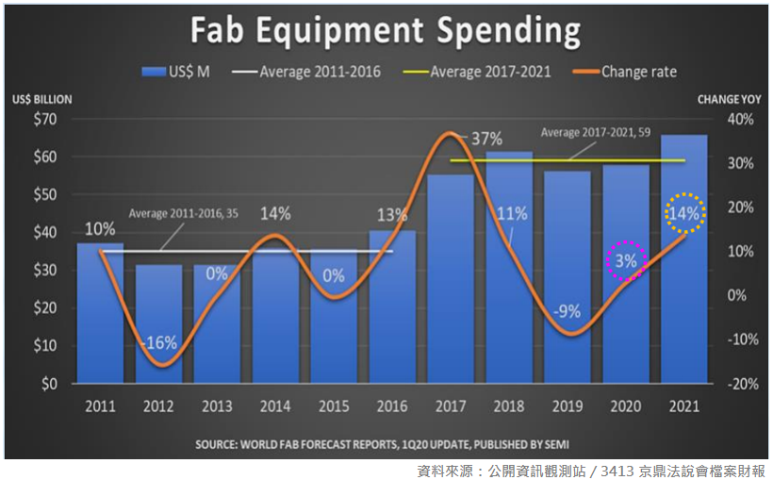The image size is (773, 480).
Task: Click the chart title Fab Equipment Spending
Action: [386, 30]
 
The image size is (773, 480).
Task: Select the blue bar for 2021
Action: [684, 283]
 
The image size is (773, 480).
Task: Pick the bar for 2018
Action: [509, 283]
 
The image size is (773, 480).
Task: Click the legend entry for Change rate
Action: [638, 71]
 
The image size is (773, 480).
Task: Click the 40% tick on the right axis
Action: [739, 120]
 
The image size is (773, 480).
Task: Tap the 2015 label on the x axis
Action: [334, 406]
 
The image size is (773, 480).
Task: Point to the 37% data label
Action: [486, 139]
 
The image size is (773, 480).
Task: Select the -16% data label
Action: [159, 343]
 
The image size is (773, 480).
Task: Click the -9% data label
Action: [567, 312]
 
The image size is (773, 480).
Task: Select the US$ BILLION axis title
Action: [41, 99]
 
